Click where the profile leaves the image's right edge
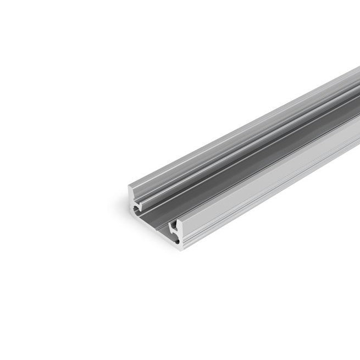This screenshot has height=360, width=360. coord(357,110)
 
